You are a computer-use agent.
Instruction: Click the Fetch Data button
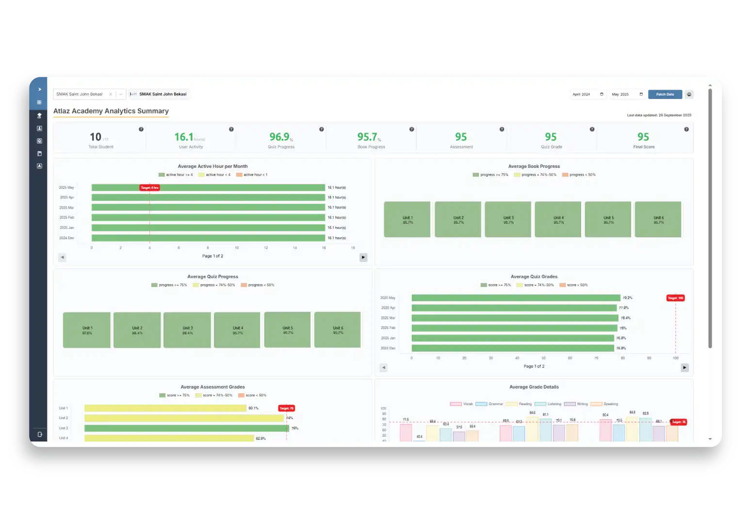point(665,95)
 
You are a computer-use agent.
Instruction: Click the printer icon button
point(689,95)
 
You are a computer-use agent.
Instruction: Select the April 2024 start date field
point(588,95)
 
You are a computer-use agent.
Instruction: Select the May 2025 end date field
point(627,95)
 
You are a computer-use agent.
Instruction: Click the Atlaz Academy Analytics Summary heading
point(111,111)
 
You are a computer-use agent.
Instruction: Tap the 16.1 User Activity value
point(184,137)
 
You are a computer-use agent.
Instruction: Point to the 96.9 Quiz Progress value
point(280,137)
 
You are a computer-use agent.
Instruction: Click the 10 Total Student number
point(96,137)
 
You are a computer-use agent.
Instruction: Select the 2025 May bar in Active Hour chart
point(208,188)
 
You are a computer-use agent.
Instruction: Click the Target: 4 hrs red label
point(149,188)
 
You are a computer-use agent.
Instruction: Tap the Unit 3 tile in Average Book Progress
point(508,220)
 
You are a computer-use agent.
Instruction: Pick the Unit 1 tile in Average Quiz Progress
point(87,330)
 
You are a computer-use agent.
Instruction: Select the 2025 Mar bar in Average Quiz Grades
point(515,318)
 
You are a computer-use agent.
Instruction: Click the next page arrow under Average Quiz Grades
point(685,368)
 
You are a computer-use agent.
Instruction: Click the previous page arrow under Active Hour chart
point(62,258)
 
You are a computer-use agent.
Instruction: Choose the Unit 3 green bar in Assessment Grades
point(186,428)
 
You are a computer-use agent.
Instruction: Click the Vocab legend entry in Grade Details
point(461,404)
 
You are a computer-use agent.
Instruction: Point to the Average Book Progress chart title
point(534,166)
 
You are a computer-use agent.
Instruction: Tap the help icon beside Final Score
point(686,130)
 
